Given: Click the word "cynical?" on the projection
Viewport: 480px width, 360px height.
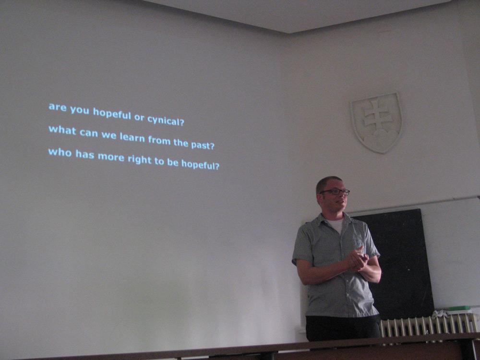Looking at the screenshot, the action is [x=166, y=120].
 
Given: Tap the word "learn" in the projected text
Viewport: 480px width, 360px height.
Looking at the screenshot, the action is [x=132, y=137].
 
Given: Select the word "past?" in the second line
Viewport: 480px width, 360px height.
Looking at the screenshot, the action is [x=203, y=145].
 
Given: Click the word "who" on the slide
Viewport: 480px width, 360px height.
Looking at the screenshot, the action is [x=60, y=152].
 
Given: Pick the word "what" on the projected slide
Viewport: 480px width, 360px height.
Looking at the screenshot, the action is [x=62, y=130].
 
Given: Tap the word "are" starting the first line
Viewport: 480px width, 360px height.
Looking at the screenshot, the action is [x=58, y=107].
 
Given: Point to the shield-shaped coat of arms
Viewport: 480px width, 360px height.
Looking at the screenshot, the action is [x=376, y=122].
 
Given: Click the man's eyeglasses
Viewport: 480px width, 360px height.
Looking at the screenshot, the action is [x=335, y=192].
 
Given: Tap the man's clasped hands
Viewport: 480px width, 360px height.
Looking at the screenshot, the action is [x=358, y=259].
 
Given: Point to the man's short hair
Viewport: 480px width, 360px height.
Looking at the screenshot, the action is [x=327, y=183].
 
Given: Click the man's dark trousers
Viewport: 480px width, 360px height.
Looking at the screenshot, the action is [x=343, y=327].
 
